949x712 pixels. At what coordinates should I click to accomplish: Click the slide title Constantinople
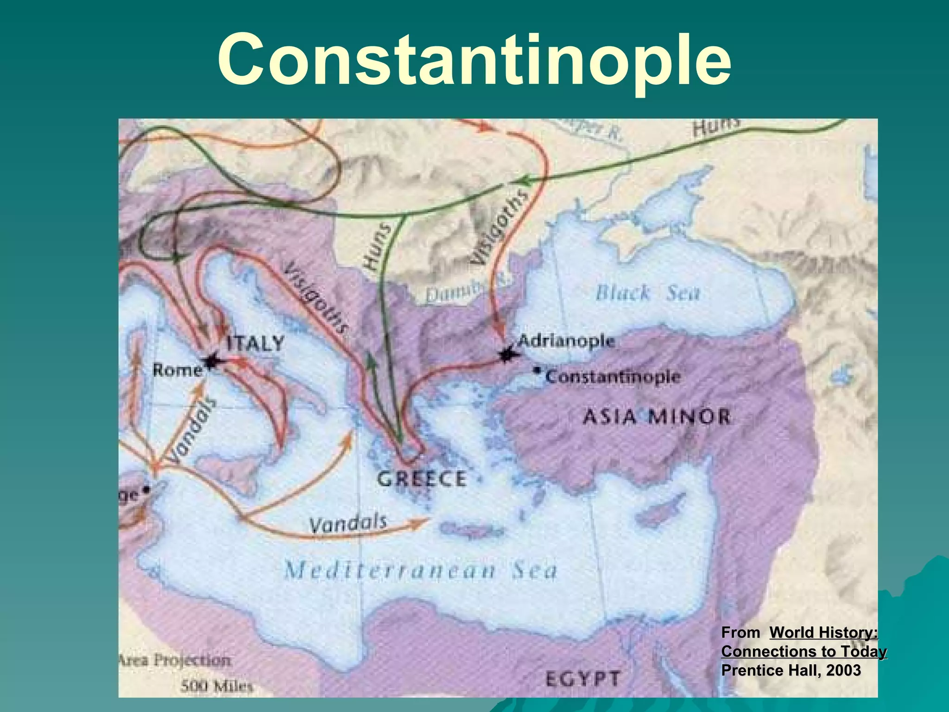tap(474, 60)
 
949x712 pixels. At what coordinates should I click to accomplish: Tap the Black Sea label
tap(647, 293)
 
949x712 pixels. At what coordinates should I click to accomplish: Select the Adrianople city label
tap(566, 341)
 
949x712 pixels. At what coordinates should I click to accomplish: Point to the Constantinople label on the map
tap(613, 376)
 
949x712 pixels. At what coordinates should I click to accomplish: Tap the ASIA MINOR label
tap(656, 416)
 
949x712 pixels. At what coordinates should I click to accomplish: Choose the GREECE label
tap(421, 479)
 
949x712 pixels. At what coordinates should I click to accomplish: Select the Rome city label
tap(177, 370)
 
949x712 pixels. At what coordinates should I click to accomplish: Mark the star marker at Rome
tap(211, 361)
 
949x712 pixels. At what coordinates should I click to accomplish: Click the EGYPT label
tap(582, 679)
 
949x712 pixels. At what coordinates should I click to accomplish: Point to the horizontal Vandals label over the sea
tap(348, 524)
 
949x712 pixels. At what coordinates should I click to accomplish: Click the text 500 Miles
tap(216, 686)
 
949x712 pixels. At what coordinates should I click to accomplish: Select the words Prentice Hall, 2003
tap(791, 670)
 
